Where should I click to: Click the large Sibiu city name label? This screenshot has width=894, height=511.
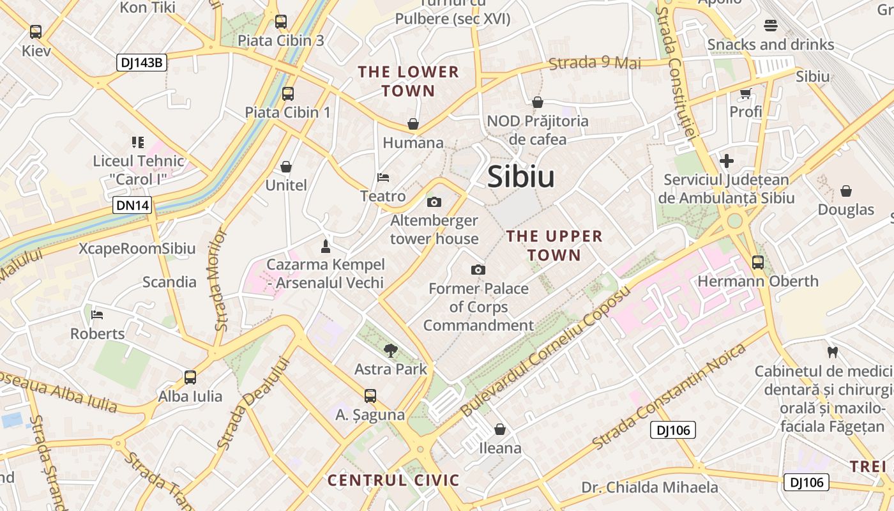520,177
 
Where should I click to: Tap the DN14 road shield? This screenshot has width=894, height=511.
133,206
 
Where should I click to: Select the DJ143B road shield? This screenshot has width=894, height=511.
142,63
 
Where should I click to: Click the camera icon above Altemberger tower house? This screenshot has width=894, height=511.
434,202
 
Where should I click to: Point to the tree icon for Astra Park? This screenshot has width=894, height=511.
390,349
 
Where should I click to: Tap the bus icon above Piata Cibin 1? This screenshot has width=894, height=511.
288,94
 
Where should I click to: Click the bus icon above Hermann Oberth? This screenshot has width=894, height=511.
758,262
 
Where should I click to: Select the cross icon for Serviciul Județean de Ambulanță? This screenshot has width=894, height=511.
726,161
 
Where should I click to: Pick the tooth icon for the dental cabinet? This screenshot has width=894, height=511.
832,352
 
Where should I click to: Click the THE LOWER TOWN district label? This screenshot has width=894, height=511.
409,81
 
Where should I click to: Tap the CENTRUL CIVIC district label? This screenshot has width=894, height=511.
393,480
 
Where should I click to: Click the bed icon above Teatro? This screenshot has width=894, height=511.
383,177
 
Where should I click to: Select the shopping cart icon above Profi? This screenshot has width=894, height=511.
745,93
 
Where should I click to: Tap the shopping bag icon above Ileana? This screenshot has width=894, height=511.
500,429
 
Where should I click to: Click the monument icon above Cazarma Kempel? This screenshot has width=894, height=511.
326,246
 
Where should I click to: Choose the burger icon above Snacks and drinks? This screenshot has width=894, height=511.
771,26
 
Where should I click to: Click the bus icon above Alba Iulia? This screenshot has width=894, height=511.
190,378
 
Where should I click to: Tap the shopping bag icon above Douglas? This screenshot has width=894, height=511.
846,191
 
